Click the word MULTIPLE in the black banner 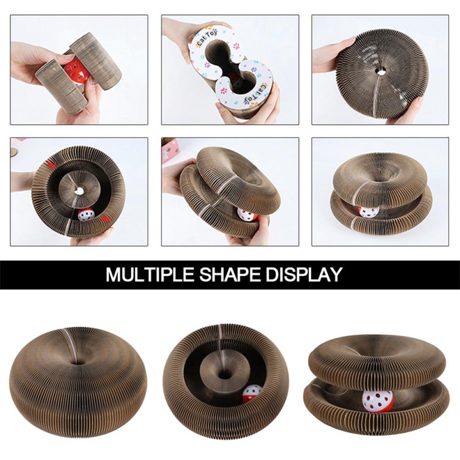coord(150,275)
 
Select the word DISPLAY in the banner coord(304,275)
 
